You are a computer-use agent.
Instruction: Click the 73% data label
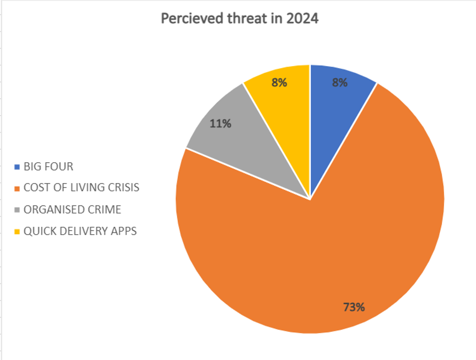(x=353, y=307)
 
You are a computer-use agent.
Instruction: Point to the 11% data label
(x=220, y=123)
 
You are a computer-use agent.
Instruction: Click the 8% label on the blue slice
(x=340, y=83)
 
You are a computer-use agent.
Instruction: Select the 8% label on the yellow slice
(x=279, y=83)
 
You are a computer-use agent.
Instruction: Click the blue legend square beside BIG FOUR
(x=17, y=167)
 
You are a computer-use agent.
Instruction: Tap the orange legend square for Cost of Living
(x=17, y=189)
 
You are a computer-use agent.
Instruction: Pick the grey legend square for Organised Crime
(x=17, y=210)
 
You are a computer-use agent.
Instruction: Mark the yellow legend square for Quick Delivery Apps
(x=17, y=231)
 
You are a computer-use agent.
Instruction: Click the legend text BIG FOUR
(x=49, y=167)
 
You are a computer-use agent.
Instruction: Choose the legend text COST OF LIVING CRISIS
(x=81, y=188)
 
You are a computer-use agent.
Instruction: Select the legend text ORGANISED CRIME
(x=72, y=209)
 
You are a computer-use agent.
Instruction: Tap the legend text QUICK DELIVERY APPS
(x=80, y=231)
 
